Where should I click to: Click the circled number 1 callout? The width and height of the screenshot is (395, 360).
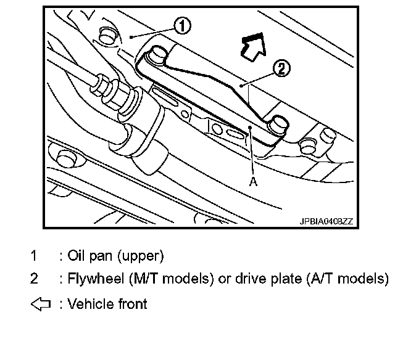click(x=181, y=25)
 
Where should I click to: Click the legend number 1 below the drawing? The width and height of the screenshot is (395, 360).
click(x=34, y=255)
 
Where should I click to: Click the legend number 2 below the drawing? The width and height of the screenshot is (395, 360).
click(x=34, y=279)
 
